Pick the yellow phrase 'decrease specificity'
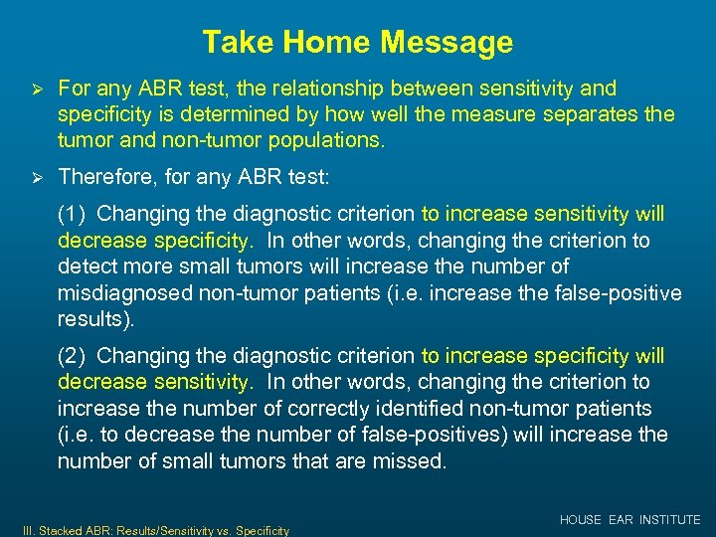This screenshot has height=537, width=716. click(x=152, y=241)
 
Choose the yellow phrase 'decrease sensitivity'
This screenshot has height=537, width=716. click(x=152, y=382)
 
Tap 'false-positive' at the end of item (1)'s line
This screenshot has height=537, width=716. click(x=624, y=293)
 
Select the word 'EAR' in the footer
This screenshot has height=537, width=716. click(x=622, y=520)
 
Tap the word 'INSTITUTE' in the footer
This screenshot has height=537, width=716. click(x=670, y=520)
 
